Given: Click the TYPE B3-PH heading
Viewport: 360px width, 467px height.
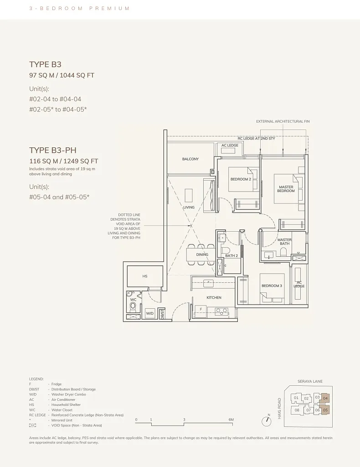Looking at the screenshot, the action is coord(51,150).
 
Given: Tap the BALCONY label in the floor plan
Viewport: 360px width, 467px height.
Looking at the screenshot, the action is coord(190,159).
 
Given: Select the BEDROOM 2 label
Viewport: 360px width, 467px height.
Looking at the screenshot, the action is coord(241,179).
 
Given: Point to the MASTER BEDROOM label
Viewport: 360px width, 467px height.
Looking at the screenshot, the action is coord(286,189).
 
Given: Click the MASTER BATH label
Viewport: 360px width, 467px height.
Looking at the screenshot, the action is coord(284,242).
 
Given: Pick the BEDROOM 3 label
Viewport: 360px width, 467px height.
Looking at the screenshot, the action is coord(272,286).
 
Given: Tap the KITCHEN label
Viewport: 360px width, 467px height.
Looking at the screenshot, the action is coord(214,297).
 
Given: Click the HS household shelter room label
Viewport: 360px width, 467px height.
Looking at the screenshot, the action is coord(145,276).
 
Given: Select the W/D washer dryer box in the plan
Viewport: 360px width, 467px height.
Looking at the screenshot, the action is coord(149,313).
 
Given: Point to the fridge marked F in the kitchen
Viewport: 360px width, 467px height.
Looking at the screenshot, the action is coord(201,310).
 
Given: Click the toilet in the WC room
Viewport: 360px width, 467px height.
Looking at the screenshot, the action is coord(133,306).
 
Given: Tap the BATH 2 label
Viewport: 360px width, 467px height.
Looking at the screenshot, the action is coord(231,256).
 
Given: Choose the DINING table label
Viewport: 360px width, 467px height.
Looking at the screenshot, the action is coord(202,254).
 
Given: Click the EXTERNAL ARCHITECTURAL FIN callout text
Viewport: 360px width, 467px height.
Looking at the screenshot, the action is coord(283,121).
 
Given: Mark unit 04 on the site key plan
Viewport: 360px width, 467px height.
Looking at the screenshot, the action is coord(325,398).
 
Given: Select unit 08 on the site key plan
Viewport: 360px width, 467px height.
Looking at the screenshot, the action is coord(297,410).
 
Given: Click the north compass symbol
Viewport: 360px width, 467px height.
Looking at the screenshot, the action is coord(267,420).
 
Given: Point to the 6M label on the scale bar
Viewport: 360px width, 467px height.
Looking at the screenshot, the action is coord(231,420).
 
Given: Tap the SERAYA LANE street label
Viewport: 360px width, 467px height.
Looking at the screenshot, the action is coord(310,382).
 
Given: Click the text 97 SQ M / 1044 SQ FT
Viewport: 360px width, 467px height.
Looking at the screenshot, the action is coord(62,75).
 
